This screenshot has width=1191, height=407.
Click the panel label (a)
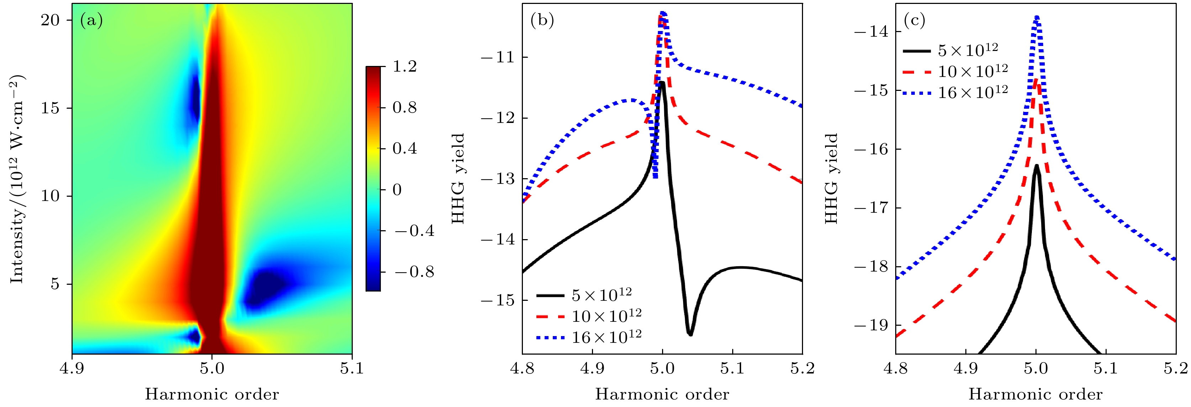tap(91, 21)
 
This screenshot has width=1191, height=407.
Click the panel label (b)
tap(542, 21)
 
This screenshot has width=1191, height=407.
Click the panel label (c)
tap(914, 21)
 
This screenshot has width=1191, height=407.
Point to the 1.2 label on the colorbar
tap(405, 67)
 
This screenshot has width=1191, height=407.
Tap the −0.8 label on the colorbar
tap(414, 272)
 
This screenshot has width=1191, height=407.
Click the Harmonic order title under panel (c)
tap(1036, 395)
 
